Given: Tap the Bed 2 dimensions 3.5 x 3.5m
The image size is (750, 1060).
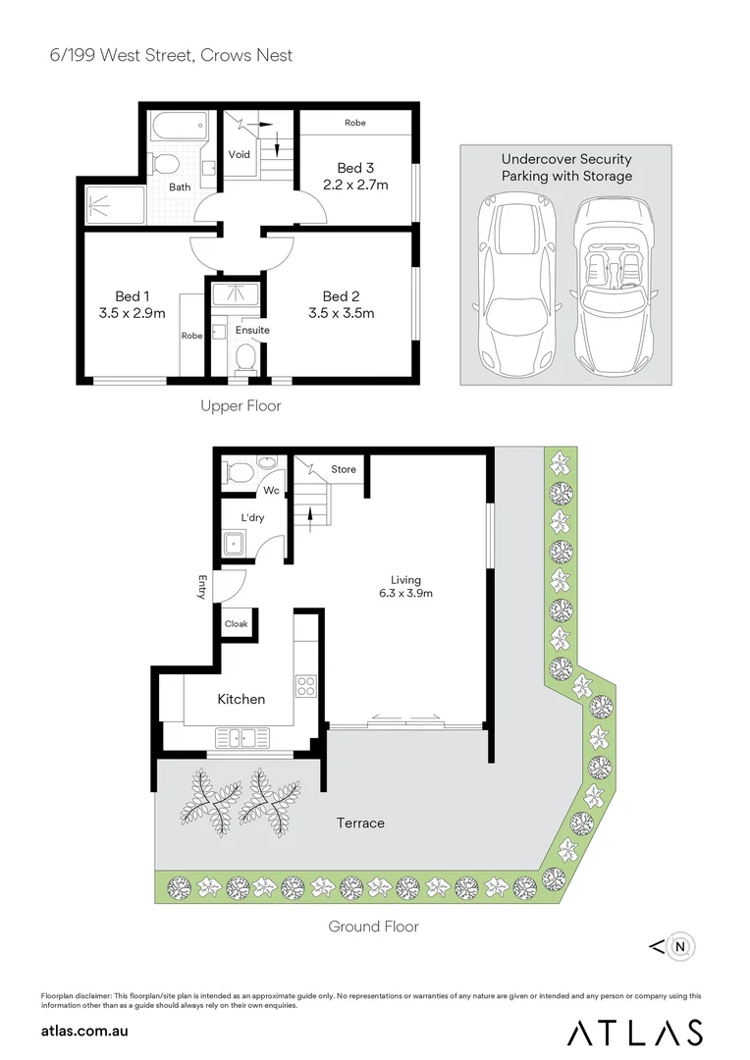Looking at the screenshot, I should point(341,314).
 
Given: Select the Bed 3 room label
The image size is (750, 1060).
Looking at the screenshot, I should point(355,168).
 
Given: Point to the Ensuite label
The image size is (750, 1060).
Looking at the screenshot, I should point(251,330).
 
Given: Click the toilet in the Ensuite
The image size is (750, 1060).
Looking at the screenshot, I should point(246,356).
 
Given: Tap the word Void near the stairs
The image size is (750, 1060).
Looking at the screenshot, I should point(239,155).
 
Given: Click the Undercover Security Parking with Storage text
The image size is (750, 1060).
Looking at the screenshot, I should point(566,168).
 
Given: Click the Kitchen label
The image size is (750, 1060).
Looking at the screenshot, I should point(241,699).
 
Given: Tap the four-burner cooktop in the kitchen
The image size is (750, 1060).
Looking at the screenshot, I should point(306,685).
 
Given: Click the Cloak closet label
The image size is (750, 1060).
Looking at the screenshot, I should point(236,624).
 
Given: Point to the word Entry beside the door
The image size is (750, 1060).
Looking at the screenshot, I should point(203,586).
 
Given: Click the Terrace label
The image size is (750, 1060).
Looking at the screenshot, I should point(360,822).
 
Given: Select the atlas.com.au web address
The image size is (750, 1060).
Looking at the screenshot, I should point(85,1031).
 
